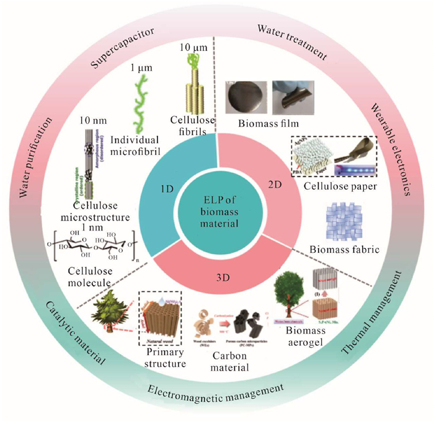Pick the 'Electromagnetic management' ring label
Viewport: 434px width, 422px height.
click(x=217, y=390)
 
